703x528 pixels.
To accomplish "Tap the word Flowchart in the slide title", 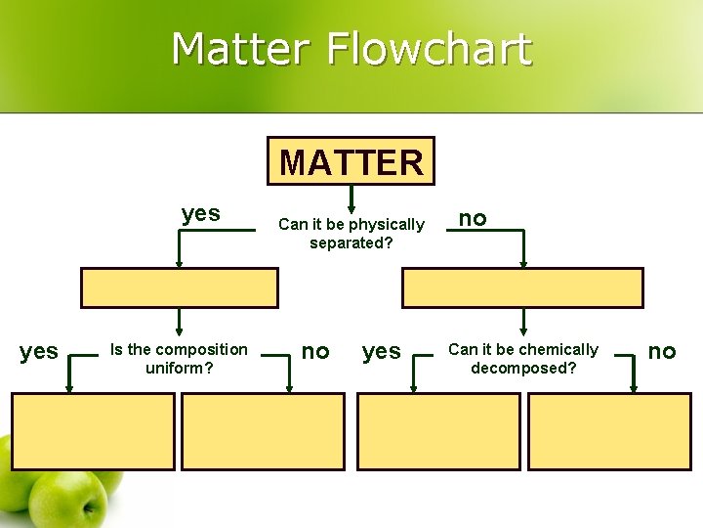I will click(429, 49).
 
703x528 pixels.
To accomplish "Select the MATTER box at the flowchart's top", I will click(351, 161).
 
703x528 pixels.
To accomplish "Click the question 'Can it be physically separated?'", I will click(351, 234).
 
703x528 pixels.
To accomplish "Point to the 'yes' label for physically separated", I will click(201, 214).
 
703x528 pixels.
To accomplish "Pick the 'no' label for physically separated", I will click(473, 218).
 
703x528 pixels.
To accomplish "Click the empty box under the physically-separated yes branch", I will click(179, 288).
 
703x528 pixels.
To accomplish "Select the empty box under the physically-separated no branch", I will click(522, 288).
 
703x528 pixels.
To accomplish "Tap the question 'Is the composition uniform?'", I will click(180, 359).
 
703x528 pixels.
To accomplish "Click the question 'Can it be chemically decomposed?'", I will click(523, 359).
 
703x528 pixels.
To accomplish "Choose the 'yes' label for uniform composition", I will click(39, 351).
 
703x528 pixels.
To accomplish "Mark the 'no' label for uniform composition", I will click(314, 351).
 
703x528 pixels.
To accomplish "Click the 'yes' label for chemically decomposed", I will click(381, 351).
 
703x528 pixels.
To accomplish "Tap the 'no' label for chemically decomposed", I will click(662, 351).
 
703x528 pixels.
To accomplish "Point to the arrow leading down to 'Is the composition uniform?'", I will click(179, 323).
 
